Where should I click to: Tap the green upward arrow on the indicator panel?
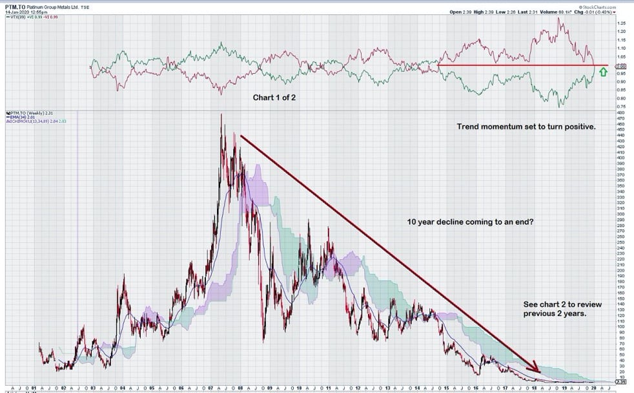pyautogui.click(x=603, y=72)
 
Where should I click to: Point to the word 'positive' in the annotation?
pyautogui.click(x=579, y=127)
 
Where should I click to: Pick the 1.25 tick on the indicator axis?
pyautogui.click(x=622, y=23)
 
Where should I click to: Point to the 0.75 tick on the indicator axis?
pyautogui.click(x=622, y=106)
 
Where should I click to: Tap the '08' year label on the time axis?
pyautogui.click(x=240, y=388)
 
